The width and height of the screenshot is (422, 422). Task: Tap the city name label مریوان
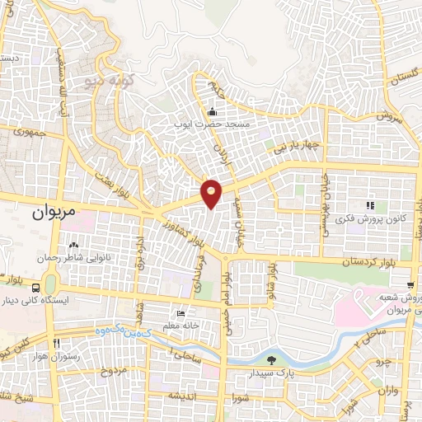(x=54, y=211)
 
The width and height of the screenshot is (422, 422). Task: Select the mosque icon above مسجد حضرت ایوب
(x=212, y=112)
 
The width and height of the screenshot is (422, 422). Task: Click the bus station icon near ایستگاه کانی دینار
(x=36, y=288)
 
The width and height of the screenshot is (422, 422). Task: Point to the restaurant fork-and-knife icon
(x=56, y=342)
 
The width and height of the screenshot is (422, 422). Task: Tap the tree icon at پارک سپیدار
(x=271, y=359)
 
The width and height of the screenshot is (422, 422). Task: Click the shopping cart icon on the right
(x=411, y=284)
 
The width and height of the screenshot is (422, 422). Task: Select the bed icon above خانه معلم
(x=182, y=313)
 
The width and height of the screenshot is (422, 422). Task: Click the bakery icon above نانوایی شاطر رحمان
(x=73, y=245)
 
